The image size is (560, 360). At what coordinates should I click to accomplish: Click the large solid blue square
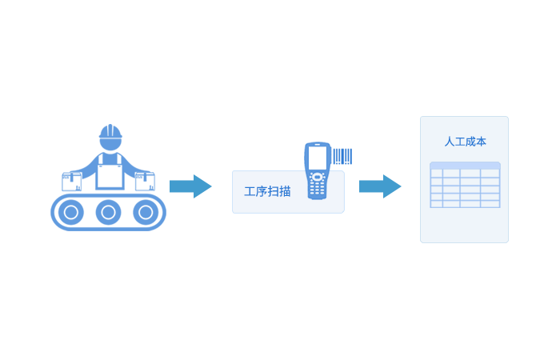108,178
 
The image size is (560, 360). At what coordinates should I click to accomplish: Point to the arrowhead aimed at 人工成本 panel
398,186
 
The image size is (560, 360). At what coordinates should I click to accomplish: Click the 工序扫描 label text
267,191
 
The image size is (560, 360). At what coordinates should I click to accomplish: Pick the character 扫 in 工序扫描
274,191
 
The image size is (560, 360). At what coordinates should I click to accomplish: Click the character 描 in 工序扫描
286,191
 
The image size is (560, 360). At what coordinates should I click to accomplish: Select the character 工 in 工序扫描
250,191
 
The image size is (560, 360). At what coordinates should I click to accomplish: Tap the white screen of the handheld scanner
318,157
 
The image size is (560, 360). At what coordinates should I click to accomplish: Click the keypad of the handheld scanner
318,190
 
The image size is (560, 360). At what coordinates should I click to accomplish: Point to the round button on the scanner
318,177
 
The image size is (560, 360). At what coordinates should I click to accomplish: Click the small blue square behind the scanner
341,154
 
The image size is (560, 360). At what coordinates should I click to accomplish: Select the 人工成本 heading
465,142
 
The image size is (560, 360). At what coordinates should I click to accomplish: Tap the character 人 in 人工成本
450,142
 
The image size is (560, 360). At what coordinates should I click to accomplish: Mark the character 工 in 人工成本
460,142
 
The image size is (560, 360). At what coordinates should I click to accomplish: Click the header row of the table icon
465,166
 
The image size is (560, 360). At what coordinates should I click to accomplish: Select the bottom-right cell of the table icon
490,204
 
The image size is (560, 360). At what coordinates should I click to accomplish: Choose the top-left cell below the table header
437,174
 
